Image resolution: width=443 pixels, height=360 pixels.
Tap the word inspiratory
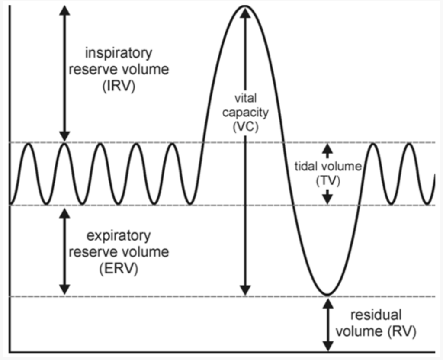click(x=119, y=53)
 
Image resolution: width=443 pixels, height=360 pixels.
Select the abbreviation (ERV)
click(x=119, y=268)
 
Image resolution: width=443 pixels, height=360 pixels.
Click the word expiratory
click(x=119, y=236)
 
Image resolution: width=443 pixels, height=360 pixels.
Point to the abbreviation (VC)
click(x=246, y=126)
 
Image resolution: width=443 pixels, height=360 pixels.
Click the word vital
click(x=246, y=98)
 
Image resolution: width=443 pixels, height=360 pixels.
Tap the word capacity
click(x=246, y=112)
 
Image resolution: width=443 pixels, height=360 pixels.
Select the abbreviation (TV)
click(x=328, y=180)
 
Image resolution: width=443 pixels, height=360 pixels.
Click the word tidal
click(x=307, y=166)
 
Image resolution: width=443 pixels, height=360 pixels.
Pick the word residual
click(x=376, y=315)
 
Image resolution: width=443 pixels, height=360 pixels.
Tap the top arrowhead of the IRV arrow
click(x=65, y=10)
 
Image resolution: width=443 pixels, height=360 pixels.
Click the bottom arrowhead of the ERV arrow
click(x=65, y=289)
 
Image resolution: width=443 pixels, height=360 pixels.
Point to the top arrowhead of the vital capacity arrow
click(x=245, y=13)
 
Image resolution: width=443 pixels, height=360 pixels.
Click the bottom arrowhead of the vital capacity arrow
click(x=245, y=290)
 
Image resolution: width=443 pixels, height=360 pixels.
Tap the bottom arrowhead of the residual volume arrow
click(x=328, y=347)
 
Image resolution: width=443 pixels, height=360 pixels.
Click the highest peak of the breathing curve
click(x=245, y=6)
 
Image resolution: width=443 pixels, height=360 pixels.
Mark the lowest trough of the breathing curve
click(x=327, y=294)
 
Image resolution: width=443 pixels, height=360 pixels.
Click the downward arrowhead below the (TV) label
click(x=327, y=199)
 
